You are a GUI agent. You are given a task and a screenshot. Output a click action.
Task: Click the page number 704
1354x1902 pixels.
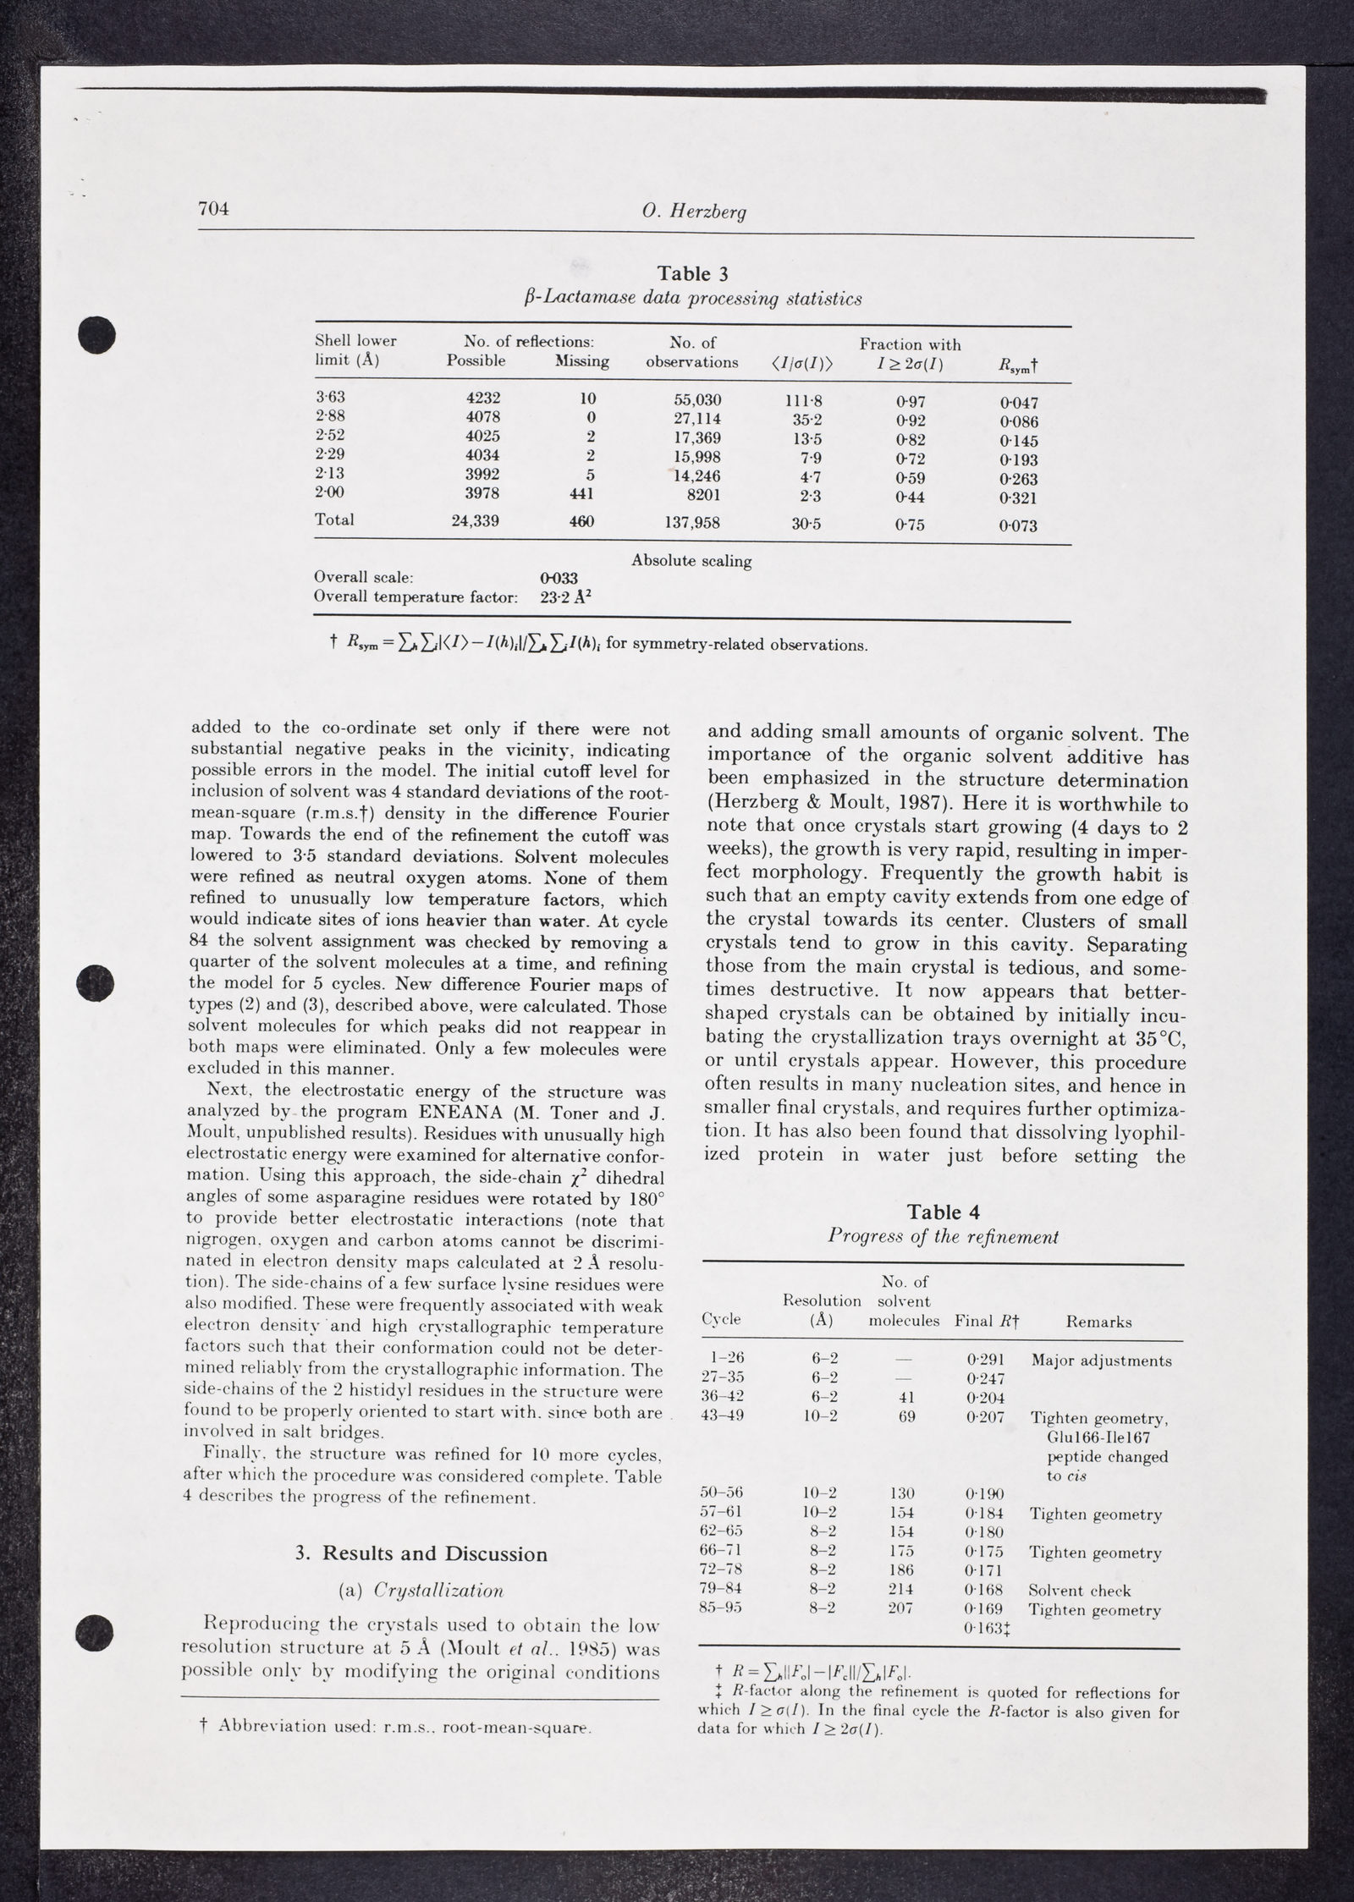click(x=213, y=209)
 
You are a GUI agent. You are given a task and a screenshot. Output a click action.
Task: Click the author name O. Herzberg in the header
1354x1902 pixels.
click(x=694, y=212)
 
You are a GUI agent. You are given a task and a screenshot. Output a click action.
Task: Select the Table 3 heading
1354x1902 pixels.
click(x=693, y=273)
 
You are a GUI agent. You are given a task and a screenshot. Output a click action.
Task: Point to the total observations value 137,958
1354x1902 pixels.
click(x=692, y=523)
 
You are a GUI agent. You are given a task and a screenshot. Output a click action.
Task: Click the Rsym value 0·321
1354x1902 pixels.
click(x=1018, y=498)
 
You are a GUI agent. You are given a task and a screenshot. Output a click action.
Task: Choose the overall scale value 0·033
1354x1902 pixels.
click(x=559, y=579)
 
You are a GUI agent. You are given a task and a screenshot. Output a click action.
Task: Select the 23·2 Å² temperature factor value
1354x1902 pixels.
click(x=565, y=597)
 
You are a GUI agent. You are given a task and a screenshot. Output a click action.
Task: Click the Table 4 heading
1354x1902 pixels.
click(x=943, y=1212)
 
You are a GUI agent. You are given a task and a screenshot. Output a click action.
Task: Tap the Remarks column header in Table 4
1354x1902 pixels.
click(x=1098, y=1322)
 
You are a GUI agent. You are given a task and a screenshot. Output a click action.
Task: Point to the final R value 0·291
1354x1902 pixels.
click(x=984, y=1360)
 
